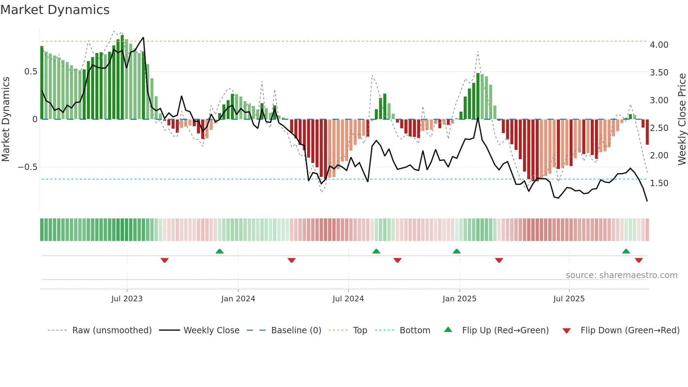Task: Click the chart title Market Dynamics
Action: pos(55,10)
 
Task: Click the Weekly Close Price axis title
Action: pos(682,119)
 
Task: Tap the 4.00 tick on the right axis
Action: pos(659,45)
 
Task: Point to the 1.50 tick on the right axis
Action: pos(659,183)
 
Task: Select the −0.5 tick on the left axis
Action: pos(27,167)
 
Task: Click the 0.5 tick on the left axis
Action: pos(31,72)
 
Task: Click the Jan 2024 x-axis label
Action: pos(238,299)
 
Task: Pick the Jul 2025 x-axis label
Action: pos(569,299)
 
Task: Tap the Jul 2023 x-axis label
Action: pos(127,299)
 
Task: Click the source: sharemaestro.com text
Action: pos(621,275)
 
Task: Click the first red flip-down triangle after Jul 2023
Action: pos(165,260)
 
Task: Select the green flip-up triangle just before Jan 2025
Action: pos(457,251)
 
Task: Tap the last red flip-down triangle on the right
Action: pos(639,260)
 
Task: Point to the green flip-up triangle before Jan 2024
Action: pos(220,251)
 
